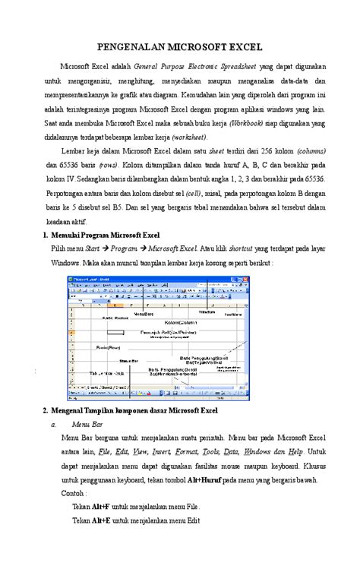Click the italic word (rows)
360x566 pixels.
107,164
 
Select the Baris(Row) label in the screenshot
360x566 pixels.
108,346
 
